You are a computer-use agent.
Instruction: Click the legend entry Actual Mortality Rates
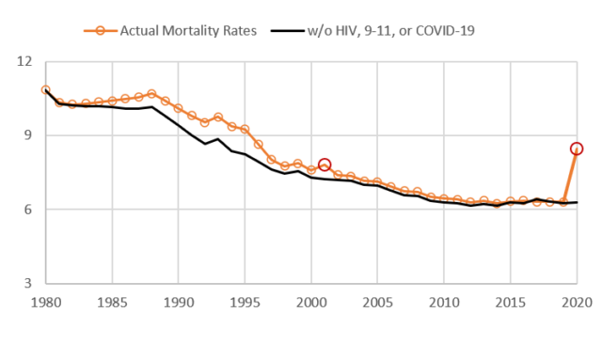click(187, 30)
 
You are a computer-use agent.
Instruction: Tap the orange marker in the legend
click(102, 30)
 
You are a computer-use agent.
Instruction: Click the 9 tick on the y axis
click(26, 135)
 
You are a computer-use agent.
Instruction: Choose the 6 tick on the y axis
click(26, 209)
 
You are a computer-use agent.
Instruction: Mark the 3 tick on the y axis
click(26, 282)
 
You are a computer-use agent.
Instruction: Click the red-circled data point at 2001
click(325, 164)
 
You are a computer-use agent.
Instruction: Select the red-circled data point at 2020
click(577, 149)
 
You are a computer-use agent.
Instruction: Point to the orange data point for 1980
click(45, 90)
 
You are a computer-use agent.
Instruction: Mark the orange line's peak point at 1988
click(151, 94)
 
